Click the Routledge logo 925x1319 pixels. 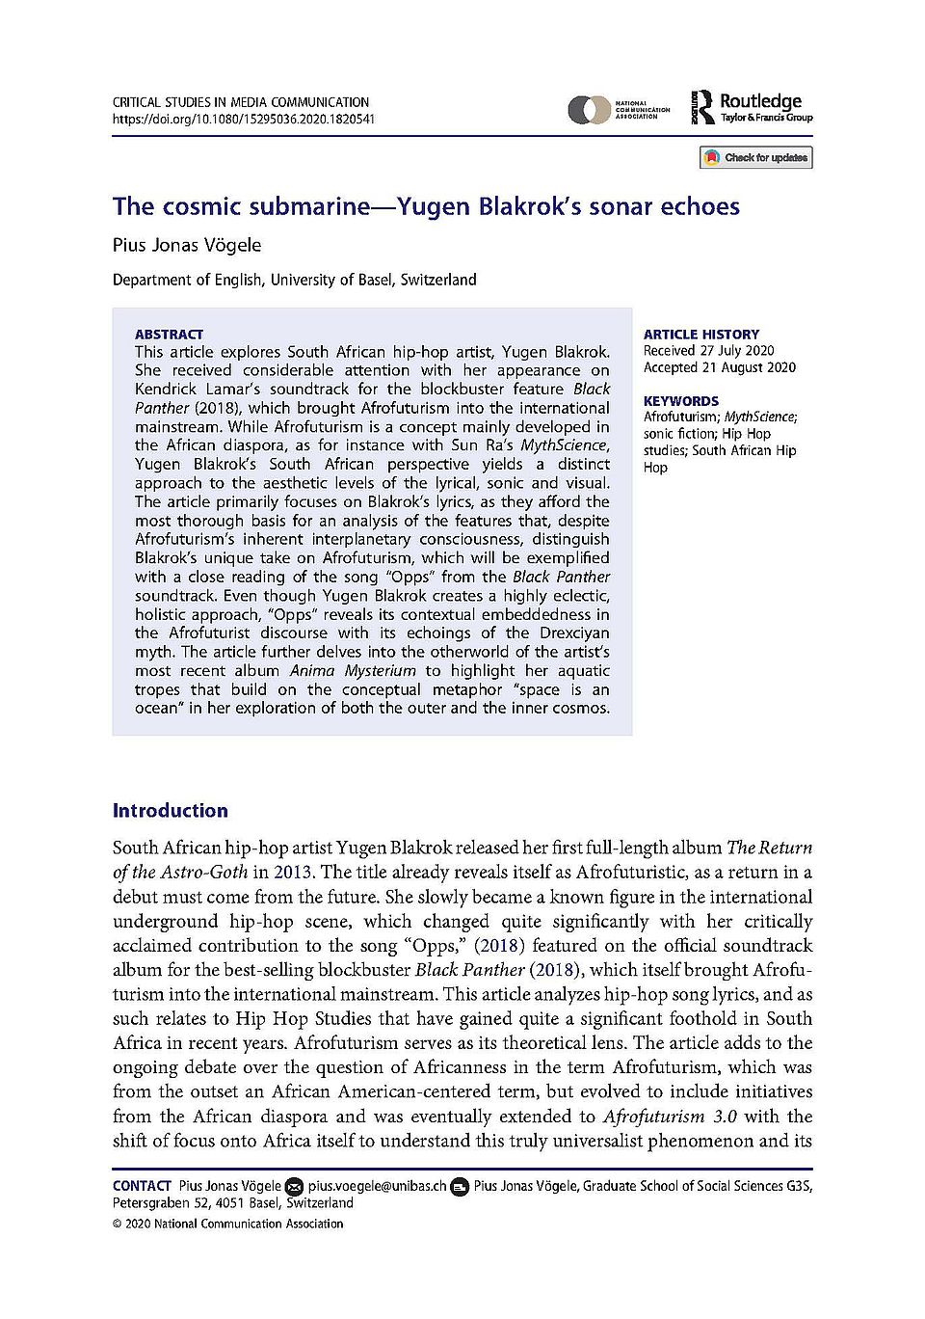753,107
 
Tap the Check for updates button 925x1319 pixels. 756,157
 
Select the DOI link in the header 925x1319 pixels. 244,120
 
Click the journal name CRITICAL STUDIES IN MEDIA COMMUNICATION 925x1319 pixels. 241,102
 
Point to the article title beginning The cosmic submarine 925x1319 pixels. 426,206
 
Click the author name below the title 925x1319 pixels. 187,245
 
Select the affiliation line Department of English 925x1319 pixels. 294,280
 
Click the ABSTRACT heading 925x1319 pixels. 169,335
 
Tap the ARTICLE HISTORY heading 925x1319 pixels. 701,335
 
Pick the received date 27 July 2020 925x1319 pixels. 708,351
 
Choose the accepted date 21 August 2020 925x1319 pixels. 720,367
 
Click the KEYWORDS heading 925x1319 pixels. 681,401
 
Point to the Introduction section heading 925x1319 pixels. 171,811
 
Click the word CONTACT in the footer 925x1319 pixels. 142,1186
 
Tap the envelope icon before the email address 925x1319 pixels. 295,1186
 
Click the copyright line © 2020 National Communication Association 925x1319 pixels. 227,1224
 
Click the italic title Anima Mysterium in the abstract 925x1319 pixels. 354,671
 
